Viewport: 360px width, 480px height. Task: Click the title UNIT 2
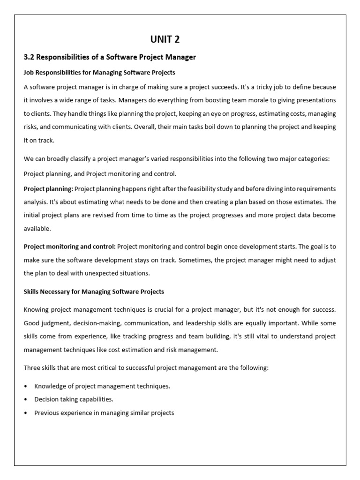pyautogui.click(x=165, y=39)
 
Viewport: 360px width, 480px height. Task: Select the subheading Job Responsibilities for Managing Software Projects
pyautogui.click(x=99, y=73)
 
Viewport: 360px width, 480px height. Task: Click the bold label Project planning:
pyautogui.click(x=48, y=188)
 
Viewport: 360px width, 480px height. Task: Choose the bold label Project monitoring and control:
pyautogui.click(x=69, y=247)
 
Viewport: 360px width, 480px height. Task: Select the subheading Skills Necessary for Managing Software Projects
pyautogui.click(x=94, y=292)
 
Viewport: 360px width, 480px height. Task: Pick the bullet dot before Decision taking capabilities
pyautogui.click(x=26, y=399)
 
